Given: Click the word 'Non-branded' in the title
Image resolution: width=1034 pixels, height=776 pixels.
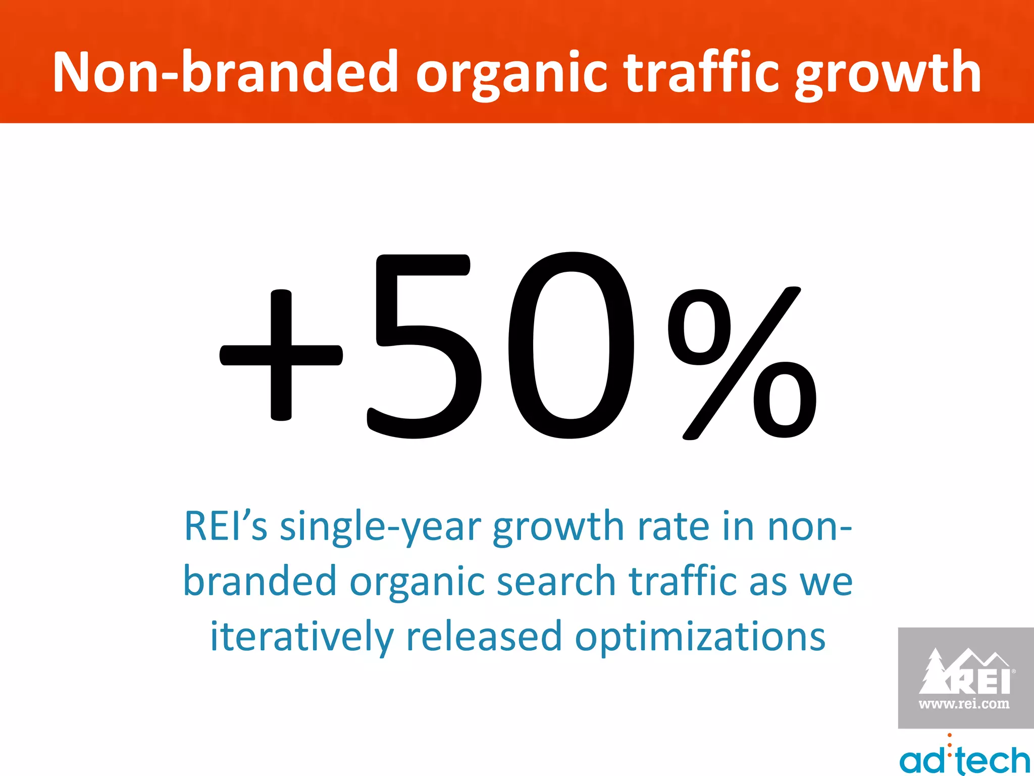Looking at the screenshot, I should tap(225, 72).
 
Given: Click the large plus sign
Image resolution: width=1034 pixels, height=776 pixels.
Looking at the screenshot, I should tap(281, 355).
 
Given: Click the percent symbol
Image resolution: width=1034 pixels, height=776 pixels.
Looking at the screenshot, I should tap(741, 363).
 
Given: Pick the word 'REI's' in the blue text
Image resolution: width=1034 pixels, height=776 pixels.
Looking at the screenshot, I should tap(225, 526).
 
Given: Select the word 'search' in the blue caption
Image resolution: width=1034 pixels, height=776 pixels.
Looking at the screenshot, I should tap(555, 581).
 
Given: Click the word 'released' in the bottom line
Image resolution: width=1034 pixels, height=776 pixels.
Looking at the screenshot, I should tap(484, 636).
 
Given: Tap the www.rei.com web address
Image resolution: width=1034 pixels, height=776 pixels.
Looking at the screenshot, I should tap(964, 704).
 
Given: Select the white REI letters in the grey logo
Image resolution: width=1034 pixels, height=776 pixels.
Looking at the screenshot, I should tap(982, 682).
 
